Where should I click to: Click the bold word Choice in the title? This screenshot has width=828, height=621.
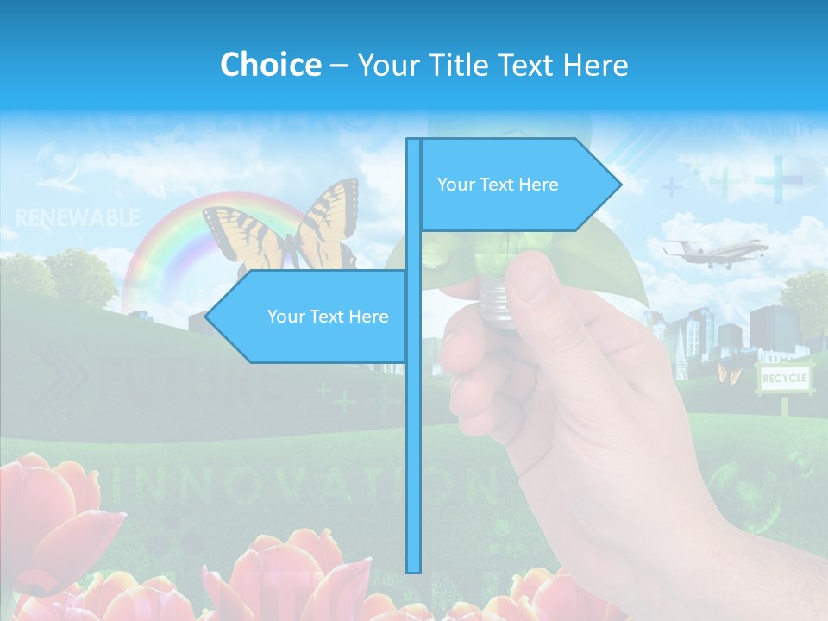(270, 65)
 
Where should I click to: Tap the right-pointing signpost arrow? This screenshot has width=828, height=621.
(517, 185)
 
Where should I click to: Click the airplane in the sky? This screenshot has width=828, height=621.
(716, 251)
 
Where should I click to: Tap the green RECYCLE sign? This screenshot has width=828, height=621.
(783, 378)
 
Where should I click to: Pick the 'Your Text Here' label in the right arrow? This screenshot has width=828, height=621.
(498, 185)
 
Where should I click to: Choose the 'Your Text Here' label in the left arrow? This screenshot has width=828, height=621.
(328, 317)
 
